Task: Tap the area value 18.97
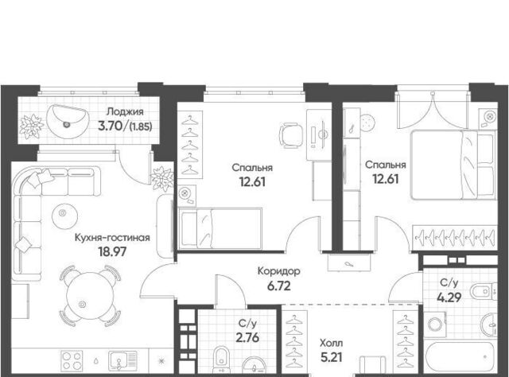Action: pos(113,251)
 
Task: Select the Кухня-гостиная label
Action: pos(112,238)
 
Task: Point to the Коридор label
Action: pos(279,271)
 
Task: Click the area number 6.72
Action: pos(279,286)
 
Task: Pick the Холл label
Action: pos(331,343)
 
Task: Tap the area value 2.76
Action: pos(247,338)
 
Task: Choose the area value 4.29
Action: pos(449,297)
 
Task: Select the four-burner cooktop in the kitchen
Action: pos(72,361)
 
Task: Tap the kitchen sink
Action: pos(122,360)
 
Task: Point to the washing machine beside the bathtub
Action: pos(435,324)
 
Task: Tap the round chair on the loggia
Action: pos(67,121)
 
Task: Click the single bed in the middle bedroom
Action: pos(220,228)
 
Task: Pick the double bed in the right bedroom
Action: pos(453,165)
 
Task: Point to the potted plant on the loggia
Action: pos(32,126)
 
